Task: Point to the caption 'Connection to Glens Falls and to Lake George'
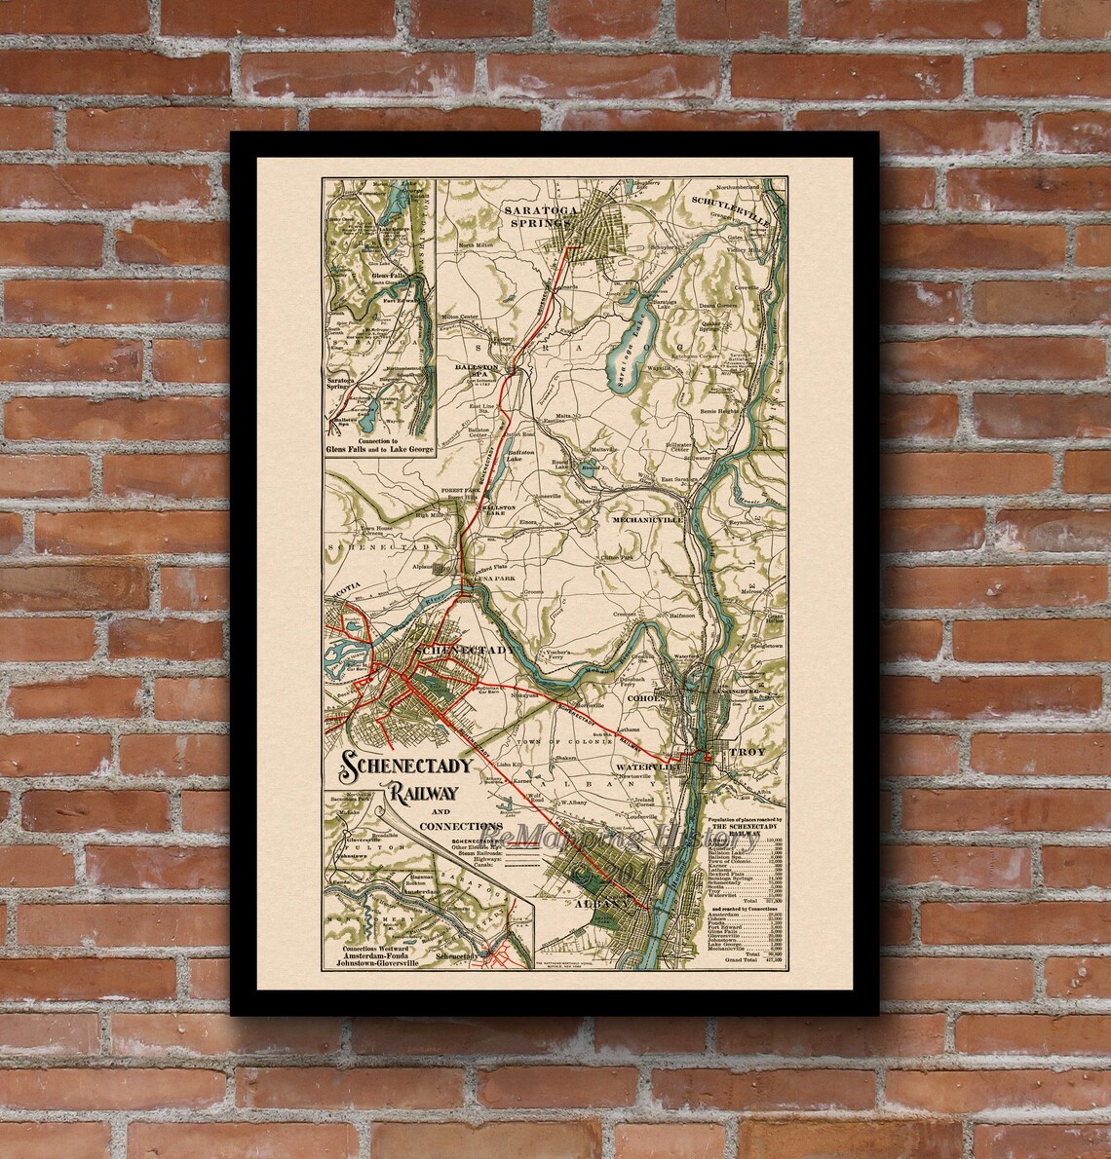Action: [380, 453]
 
